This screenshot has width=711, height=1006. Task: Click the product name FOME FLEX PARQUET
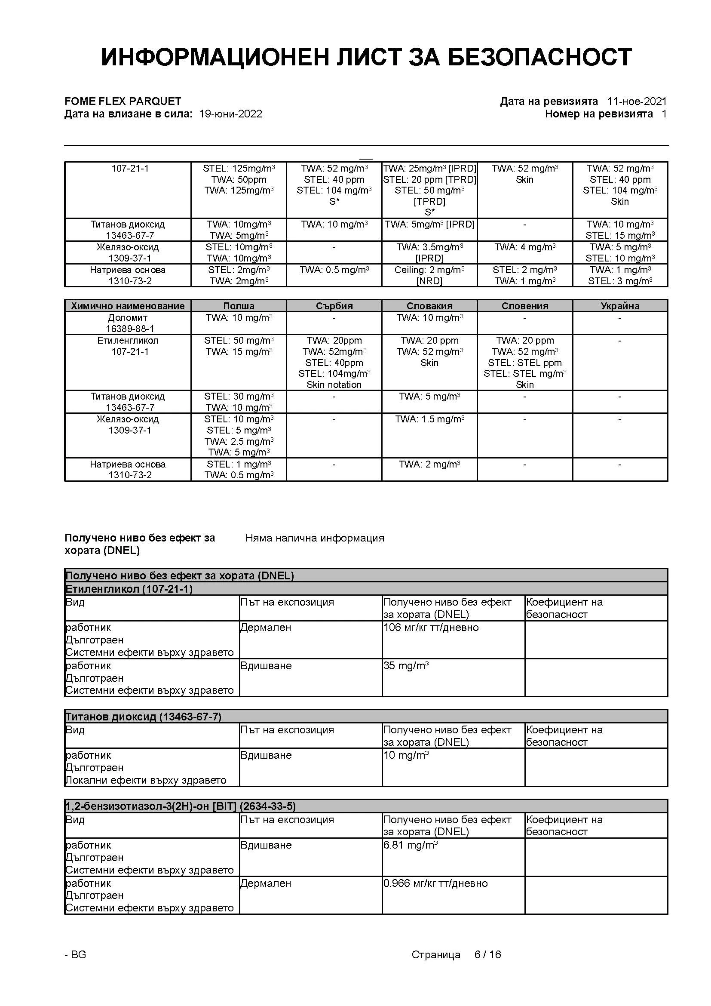pyautogui.click(x=123, y=101)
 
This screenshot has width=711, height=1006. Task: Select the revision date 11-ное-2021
pyautogui.click(x=636, y=101)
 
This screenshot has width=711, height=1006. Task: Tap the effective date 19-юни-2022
pyautogui.click(x=230, y=114)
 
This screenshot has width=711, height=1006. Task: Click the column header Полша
pyautogui.click(x=239, y=306)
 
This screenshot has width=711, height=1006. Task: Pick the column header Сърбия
pyautogui.click(x=334, y=306)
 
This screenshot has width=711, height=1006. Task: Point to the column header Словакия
pyautogui.click(x=429, y=306)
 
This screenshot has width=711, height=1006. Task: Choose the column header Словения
pyautogui.click(x=524, y=306)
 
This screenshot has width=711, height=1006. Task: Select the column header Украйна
pyautogui.click(x=619, y=306)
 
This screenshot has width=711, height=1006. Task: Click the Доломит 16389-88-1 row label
pyautogui.click(x=128, y=323)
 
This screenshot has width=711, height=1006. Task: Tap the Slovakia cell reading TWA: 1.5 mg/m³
pyautogui.click(x=429, y=419)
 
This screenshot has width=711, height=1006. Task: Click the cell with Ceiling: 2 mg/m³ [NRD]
pyautogui.click(x=429, y=275)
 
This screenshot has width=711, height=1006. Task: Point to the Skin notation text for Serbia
pyautogui.click(x=334, y=385)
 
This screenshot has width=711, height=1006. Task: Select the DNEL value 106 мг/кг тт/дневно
pyautogui.click(x=431, y=628)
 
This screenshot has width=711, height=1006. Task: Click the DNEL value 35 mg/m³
pyautogui.click(x=406, y=665)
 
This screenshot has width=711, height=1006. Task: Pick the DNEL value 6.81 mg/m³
pyautogui.click(x=410, y=845)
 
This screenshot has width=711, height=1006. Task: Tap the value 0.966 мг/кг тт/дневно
pyautogui.click(x=435, y=883)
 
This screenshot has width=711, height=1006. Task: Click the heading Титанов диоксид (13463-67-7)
pyautogui.click(x=143, y=717)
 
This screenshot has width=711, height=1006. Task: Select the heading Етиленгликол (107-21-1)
pyautogui.click(x=129, y=588)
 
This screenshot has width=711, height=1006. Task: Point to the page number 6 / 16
pyautogui.click(x=487, y=954)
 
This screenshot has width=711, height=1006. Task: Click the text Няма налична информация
pyautogui.click(x=315, y=538)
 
